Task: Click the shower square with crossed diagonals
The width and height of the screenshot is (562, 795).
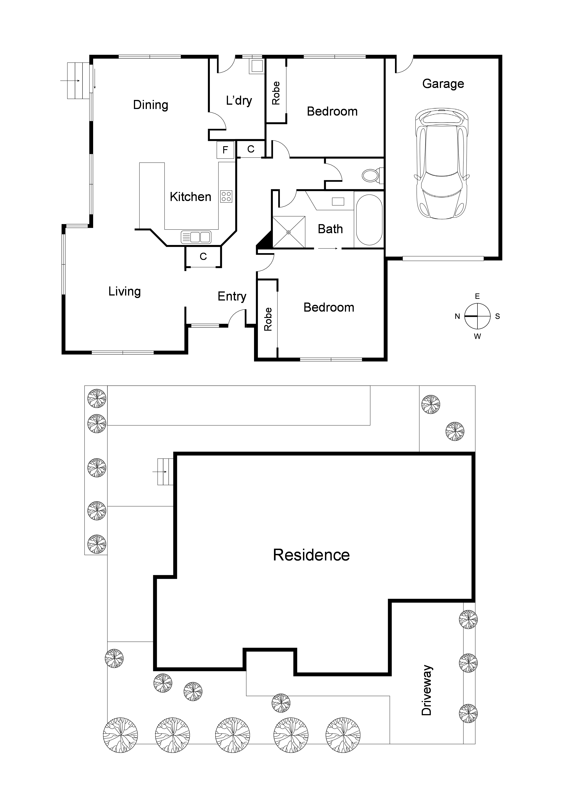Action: click(x=289, y=232)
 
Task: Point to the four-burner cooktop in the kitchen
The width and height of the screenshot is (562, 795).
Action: click(x=226, y=196)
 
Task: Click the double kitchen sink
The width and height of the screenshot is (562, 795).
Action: click(x=196, y=237)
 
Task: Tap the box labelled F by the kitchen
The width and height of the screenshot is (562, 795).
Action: click(x=225, y=150)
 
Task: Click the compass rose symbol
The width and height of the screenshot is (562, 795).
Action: click(x=477, y=316)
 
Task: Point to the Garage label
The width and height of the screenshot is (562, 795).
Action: click(x=443, y=84)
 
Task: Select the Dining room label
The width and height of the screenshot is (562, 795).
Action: click(x=151, y=105)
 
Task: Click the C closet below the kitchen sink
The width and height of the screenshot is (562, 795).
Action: click(x=203, y=257)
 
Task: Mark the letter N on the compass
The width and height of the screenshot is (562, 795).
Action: click(x=457, y=316)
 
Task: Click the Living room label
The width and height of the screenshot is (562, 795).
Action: click(x=124, y=291)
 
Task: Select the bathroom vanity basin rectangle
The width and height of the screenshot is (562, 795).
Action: click(x=338, y=201)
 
